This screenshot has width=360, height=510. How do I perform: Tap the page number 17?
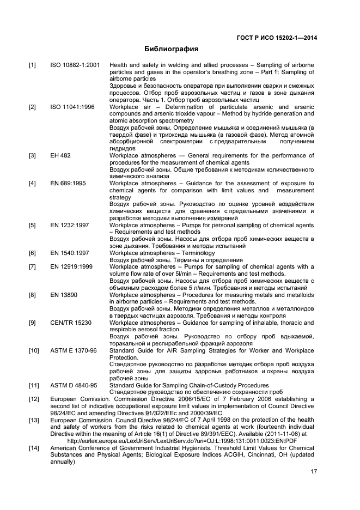click(x=314, y=472)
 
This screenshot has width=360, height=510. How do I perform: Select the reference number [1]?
click(x=32, y=65)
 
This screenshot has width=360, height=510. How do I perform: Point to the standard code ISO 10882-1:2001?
click(x=75, y=65)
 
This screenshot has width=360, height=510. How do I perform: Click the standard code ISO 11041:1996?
click(x=72, y=107)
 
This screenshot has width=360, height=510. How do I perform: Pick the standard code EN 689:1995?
click(x=68, y=183)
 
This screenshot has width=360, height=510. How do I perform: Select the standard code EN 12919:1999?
click(x=72, y=266)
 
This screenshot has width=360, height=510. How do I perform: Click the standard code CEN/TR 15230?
click(x=71, y=323)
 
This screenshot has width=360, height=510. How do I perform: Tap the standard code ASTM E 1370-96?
click(x=74, y=350)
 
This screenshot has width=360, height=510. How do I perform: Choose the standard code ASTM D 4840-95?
click(x=74, y=385)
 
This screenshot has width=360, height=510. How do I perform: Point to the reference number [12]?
click(x=34, y=399)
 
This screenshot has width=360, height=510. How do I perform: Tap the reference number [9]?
click(x=32, y=323)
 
